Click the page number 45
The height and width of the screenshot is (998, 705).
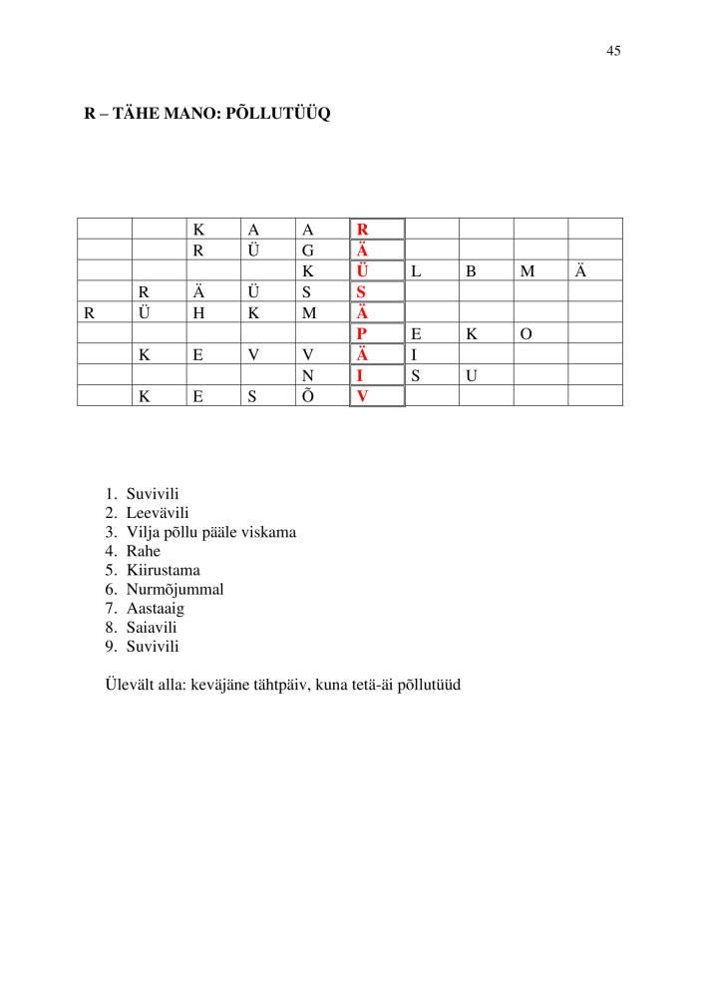coord(613,51)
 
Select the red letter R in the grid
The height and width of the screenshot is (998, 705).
coord(362,230)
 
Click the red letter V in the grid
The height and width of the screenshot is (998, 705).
coord(362,396)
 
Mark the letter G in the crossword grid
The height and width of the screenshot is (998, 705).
coord(308,250)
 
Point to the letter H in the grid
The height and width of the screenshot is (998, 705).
coord(198,313)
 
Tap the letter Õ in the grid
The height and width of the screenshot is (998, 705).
coord(308,395)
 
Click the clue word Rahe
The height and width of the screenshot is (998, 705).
coord(143,551)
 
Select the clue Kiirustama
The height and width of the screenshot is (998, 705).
coord(163,570)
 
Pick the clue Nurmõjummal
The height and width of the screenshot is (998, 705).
coord(175,589)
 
